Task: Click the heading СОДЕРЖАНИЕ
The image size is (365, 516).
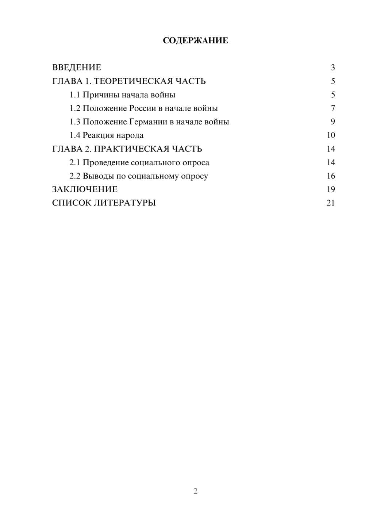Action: pyautogui.click(x=195, y=41)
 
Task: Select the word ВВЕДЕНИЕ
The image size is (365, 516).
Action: pyautogui.click(x=77, y=68)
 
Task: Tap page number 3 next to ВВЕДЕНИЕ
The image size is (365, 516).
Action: pyautogui.click(x=333, y=68)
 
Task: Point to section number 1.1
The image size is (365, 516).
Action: pyautogui.click(x=75, y=95)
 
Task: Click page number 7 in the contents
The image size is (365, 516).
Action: pyautogui.click(x=333, y=108)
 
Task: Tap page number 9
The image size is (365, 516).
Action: pyautogui.click(x=333, y=122)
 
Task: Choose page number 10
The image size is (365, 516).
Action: pyautogui.click(x=331, y=135)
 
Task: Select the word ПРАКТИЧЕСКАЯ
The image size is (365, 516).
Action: pyautogui.click(x=132, y=149)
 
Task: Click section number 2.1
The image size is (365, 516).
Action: pyautogui.click(x=75, y=162)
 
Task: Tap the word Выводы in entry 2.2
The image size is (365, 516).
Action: pyautogui.click(x=98, y=176)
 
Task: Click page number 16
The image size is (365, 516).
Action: pyautogui.click(x=331, y=176)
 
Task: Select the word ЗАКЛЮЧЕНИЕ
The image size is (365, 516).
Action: pyautogui.click(x=85, y=189)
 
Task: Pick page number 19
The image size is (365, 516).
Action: pyautogui.click(x=331, y=189)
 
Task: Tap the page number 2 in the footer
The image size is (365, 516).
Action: pyautogui.click(x=195, y=491)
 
